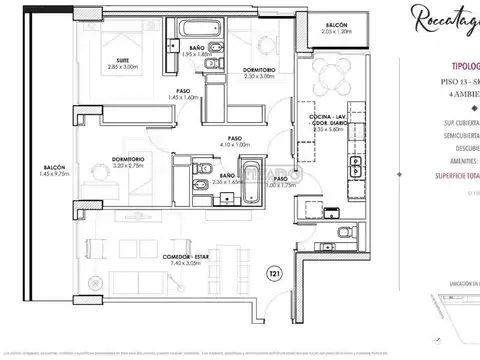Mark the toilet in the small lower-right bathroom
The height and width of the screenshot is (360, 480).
(345, 232)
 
